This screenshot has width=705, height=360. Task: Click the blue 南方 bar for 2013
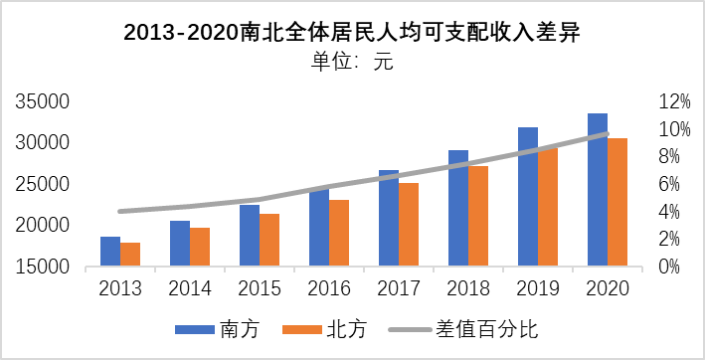tap(110, 252)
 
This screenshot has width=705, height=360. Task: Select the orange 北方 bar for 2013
tap(130, 255)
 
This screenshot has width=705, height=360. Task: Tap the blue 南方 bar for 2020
tap(598, 190)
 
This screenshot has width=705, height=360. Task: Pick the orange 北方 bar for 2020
tap(617, 202)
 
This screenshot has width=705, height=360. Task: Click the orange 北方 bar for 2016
tap(339, 233)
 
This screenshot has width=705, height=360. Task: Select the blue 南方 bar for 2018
tap(458, 208)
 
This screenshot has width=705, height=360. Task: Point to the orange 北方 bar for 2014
tap(200, 247)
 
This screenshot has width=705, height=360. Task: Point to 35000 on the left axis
tap(42, 101)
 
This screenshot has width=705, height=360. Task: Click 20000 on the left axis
tap(42, 226)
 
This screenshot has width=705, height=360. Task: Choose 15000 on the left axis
tap(42, 267)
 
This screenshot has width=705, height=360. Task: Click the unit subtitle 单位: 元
tap(352, 62)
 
